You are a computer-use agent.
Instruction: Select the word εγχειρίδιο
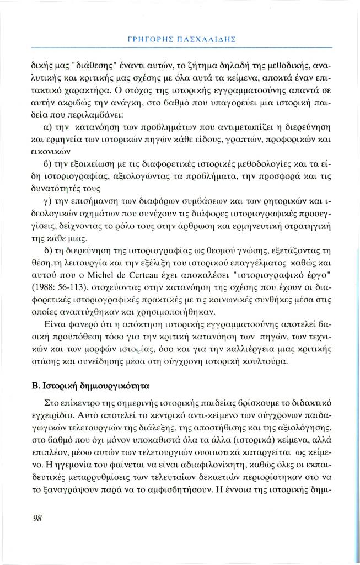pyautogui.click(x=58, y=413)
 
